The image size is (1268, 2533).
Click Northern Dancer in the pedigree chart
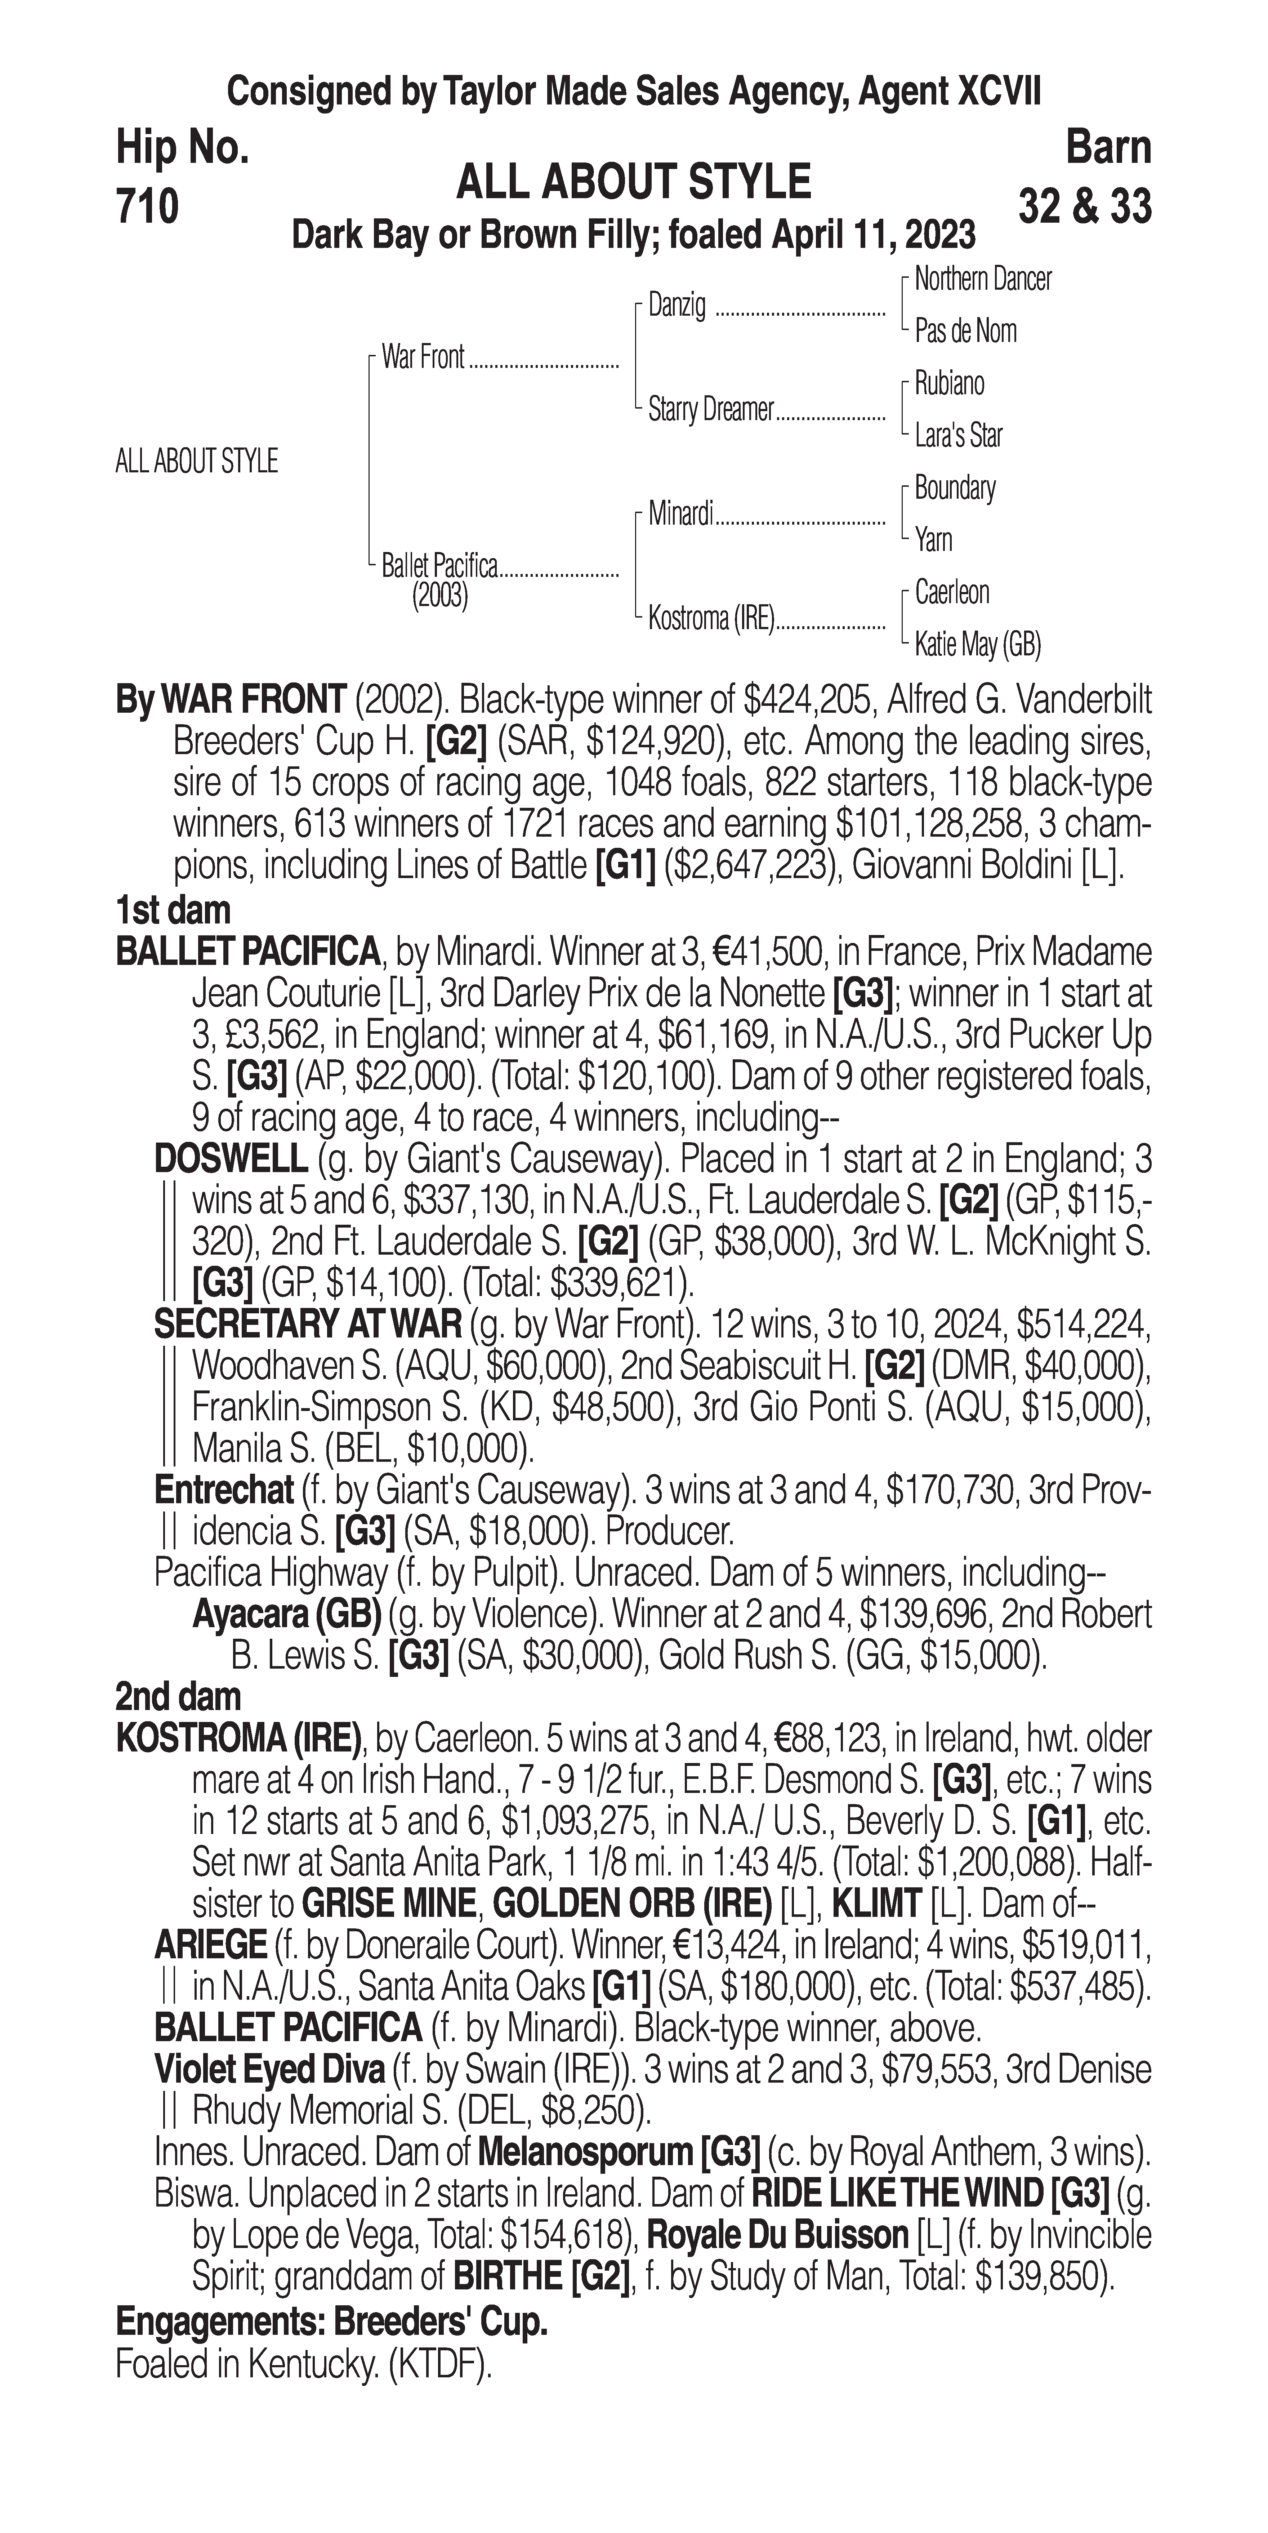tap(983, 279)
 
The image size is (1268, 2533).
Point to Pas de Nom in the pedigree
tap(965, 331)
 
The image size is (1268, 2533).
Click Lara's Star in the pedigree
tap(958, 436)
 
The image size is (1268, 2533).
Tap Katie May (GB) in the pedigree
tap(977, 645)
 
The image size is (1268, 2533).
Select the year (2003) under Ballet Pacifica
tap(439, 597)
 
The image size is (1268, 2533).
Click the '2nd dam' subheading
tap(178, 1696)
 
